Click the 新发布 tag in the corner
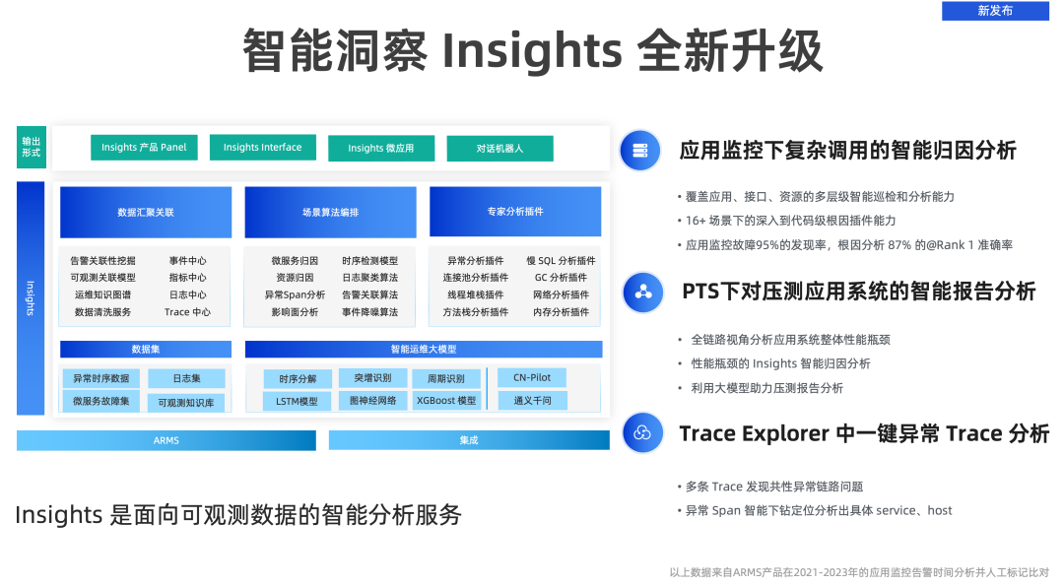[x=994, y=11]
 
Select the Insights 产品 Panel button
[x=144, y=148]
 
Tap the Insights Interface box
[x=262, y=148]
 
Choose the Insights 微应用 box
[x=380, y=149]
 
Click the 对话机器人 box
[x=499, y=149]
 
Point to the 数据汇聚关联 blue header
[x=146, y=212]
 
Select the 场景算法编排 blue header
[x=330, y=212]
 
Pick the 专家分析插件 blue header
[x=514, y=212]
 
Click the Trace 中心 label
[x=187, y=312]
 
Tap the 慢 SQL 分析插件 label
[x=561, y=261]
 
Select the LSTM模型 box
[x=297, y=402]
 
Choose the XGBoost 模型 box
[x=445, y=401]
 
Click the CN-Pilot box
[x=532, y=377]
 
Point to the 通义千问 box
[x=532, y=401]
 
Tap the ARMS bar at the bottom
[x=166, y=440]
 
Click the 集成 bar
[x=469, y=440]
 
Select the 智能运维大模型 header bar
[x=423, y=349]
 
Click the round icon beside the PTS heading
[x=642, y=292]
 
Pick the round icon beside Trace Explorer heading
[x=642, y=433]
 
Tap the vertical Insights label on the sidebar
[x=31, y=297]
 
